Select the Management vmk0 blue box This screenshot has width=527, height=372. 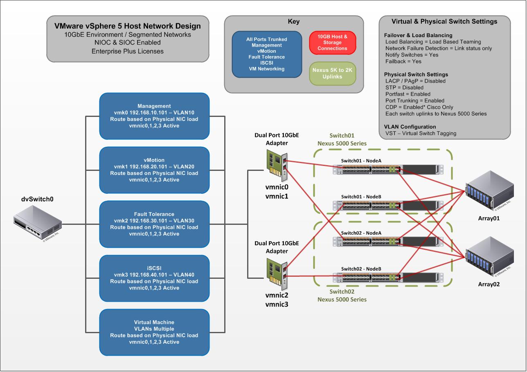tap(154, 116)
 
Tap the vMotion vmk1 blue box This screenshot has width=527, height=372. tap(154, 170)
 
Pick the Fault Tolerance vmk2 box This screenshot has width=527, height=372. tap(154, 224)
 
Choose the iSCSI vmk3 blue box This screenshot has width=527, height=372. tap(154, 278)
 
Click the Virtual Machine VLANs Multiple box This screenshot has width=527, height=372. tap(154, 332)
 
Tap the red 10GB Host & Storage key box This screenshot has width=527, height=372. tap(332, 43)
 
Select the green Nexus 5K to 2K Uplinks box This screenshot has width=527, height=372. tap(332, 73)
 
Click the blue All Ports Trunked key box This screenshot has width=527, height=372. tap(266, 54)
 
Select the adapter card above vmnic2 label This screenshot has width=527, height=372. tap(277, 272)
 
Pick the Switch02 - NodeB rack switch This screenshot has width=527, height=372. tap(388, 278)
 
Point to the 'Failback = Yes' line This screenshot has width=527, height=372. tap(403, 61)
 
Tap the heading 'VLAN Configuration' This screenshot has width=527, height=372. tap(410, 127)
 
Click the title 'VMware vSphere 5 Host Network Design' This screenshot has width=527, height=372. tap(128, 26)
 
